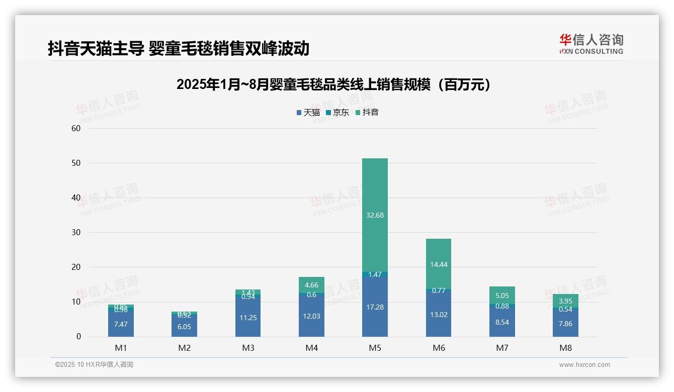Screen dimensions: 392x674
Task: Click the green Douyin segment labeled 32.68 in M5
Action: point(375,215)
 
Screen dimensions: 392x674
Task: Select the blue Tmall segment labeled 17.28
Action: point(375,307)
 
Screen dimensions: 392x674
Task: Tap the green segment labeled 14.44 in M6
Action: point(438,263)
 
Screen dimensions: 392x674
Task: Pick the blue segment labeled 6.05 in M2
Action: point(184,326)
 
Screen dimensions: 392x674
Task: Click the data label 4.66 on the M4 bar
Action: point(311,285)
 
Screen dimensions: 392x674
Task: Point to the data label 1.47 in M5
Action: point(375,274)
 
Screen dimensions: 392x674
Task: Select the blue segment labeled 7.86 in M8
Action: point(565,323)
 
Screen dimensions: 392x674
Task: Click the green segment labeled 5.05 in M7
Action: point(502,296)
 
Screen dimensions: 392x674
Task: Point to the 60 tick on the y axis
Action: point(76,128)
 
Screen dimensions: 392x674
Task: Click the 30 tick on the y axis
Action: point(76,232)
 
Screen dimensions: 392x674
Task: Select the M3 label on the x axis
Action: point(247,348)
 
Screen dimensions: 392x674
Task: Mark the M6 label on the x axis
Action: point(438,348)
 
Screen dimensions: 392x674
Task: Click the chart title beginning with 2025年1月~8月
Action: point(334,85)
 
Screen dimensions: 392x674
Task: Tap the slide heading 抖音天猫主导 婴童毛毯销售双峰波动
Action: point(178,49)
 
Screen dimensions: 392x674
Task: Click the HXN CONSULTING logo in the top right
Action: point(591,44)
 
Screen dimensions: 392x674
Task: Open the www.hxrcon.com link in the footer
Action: point(584,365)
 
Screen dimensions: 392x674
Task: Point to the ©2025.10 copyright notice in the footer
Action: point(94,365)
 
